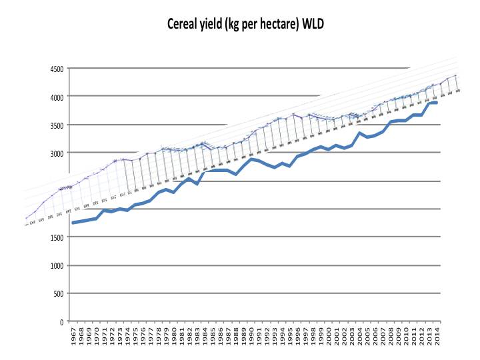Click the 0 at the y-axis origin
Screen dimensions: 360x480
tap(62, 322)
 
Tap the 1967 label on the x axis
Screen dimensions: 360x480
tap(73, 337)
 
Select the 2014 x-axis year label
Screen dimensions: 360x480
tap(437, 337)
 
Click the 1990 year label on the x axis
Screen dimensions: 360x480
tap(251, 337)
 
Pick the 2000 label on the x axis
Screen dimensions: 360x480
tap(329, 337)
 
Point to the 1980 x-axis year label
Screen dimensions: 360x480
tap(174, 337)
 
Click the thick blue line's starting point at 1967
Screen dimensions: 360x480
tap(73, 223)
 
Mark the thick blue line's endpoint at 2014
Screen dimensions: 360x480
tap(436, 103)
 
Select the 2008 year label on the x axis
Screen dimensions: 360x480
tap(391, 337)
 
